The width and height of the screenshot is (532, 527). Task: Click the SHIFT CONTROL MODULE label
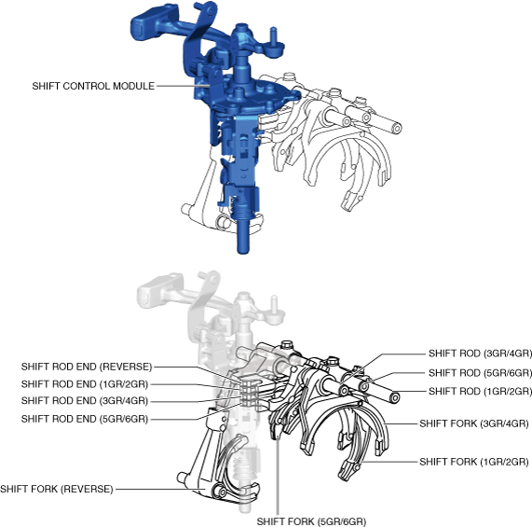tap(93, 86)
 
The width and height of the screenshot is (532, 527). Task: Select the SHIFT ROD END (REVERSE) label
tap(87, 367)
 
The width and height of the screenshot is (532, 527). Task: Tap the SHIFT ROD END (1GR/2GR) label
tap(85, 384)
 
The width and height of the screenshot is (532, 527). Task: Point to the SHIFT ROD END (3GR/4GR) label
tap(85, 401)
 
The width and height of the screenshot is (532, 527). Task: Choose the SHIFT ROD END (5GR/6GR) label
tap(85, 419)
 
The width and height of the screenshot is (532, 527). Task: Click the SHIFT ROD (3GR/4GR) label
tap(480, 354)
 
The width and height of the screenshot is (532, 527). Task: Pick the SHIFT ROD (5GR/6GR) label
tap(480, 373)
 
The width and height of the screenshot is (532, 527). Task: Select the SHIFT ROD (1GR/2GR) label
tap(480, 391)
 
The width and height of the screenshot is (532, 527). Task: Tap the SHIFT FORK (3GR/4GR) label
tap(474, 423)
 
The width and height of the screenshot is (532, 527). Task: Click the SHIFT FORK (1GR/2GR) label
tap(474, 462)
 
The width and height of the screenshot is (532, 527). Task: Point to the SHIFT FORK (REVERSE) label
tap(56, 489)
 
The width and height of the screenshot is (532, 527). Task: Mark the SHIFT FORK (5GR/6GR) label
tap(311, 521)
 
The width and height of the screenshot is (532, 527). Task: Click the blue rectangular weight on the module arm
tap(145, 24)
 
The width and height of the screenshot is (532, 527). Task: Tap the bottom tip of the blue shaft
tap(242, 253)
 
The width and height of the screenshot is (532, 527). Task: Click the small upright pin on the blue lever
tap(274, 35)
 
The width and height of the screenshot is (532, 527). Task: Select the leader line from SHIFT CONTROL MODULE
tap(184, 86)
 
